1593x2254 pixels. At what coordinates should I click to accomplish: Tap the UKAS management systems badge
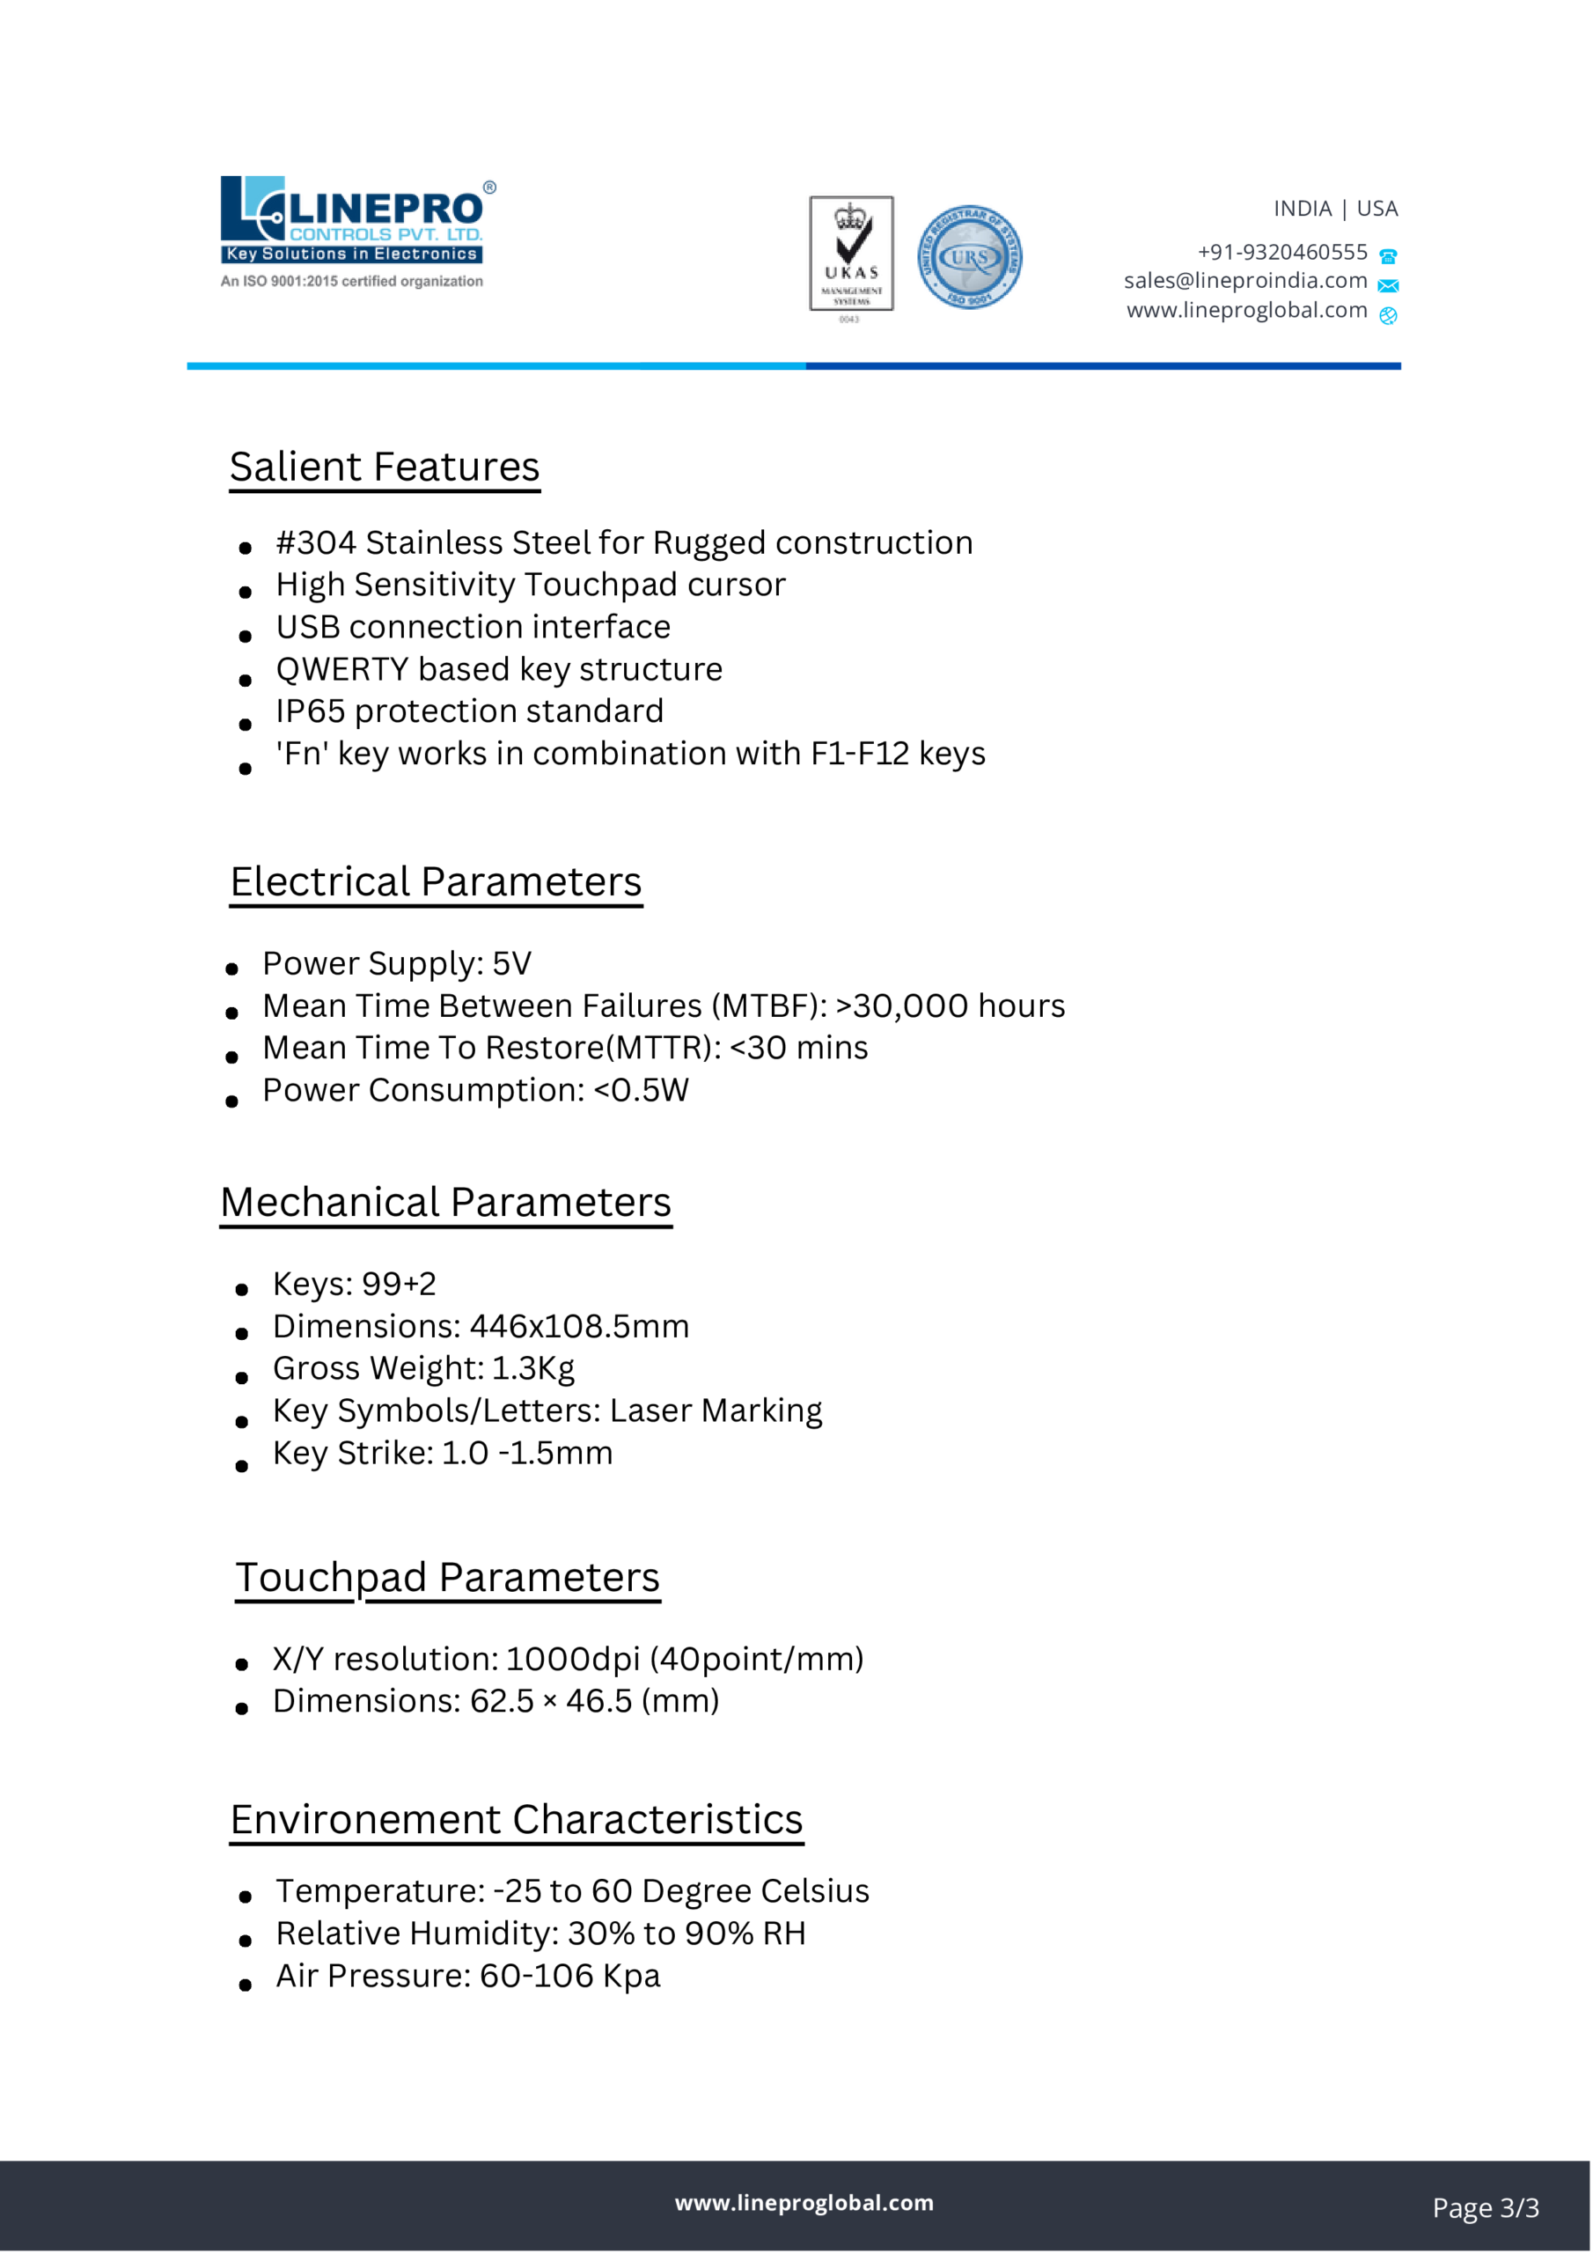(851, 254)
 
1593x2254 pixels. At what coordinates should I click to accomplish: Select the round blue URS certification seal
(970, 257)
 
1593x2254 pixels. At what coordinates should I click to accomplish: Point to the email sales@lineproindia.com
(1244, 281)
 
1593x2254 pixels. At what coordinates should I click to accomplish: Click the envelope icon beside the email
(1388, 285)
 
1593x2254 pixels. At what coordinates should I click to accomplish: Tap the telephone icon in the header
(1388, 257)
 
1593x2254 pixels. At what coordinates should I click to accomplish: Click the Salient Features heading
(385, 468)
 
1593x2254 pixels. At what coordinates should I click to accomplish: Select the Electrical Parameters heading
(436, 881)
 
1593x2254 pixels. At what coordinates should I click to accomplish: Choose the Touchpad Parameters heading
(448, 1578)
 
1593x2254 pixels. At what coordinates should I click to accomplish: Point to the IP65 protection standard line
(469, 711)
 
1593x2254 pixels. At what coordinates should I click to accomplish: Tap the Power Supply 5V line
(397, 964)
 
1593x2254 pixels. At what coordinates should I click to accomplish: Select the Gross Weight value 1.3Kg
(533, 1368)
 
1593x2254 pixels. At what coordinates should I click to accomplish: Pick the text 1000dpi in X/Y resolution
(572, 1659)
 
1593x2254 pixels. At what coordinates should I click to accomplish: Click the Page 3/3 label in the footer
(1485, 2208)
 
